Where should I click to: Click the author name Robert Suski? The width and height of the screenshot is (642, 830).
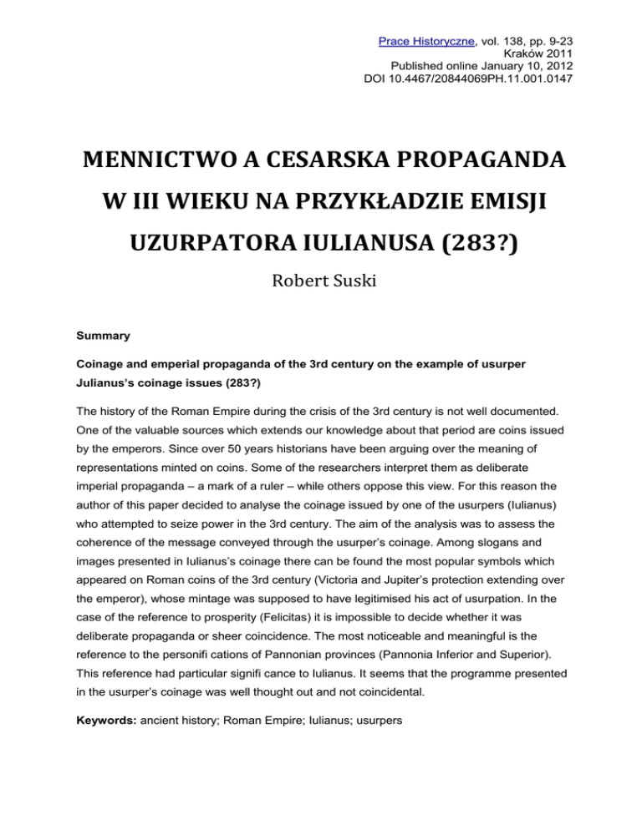[321, 283]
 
